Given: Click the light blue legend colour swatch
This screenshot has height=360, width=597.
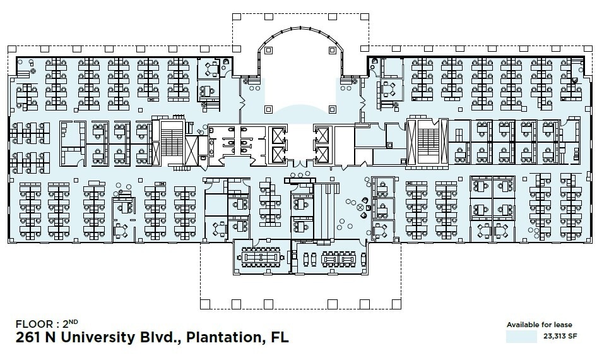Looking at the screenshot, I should (x=521, y=336).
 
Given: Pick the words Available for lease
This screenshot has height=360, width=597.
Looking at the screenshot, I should (x=539, y=325).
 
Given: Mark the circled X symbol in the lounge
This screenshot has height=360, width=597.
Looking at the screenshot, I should (x=361, y=207).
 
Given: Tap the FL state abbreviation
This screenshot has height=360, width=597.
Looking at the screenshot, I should (x=278, y=337).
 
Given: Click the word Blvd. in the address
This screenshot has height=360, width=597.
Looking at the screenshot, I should (x=158, y=337).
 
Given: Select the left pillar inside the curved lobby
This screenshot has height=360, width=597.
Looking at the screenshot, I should (x=268, y=49).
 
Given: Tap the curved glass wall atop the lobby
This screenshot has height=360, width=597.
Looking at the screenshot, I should (x=299, y=29).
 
